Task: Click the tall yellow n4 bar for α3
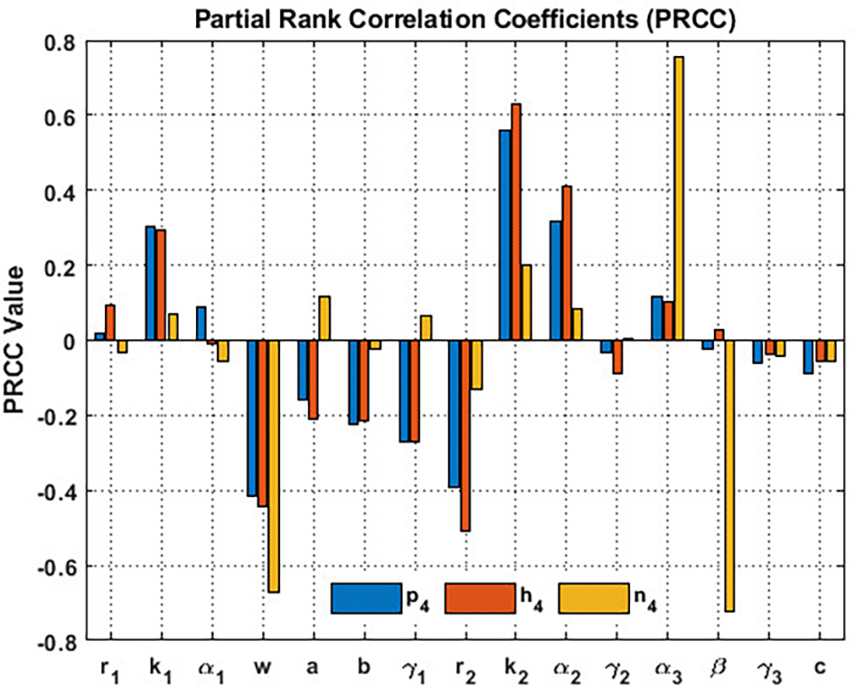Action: tap(679, 198)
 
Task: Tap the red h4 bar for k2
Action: tap(516, 221)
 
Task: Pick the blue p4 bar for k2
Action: tap(505, 235)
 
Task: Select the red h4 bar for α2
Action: tap(568, 263)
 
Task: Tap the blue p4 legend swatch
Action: tap(366, 597)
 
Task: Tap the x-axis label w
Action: tap(262, 670)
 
